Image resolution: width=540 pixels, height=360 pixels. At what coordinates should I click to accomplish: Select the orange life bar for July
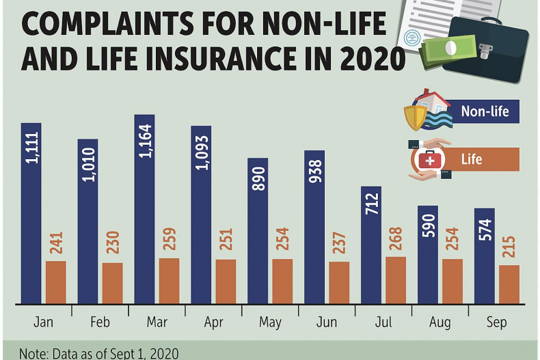(x=396, y=280)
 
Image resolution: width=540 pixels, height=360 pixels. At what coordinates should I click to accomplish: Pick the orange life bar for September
(x=509, y=284)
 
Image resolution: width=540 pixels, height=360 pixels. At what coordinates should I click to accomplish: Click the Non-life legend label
(x=485, y=111)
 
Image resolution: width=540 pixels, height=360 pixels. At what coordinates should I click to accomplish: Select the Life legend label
(x=472, y=159)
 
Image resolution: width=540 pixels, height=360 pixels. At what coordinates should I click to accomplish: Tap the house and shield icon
(x=427, y=109)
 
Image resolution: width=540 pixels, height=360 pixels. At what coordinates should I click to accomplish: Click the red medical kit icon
(x=430, y=160)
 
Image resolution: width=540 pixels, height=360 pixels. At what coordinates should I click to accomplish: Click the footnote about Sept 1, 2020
(x=99, y=353)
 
